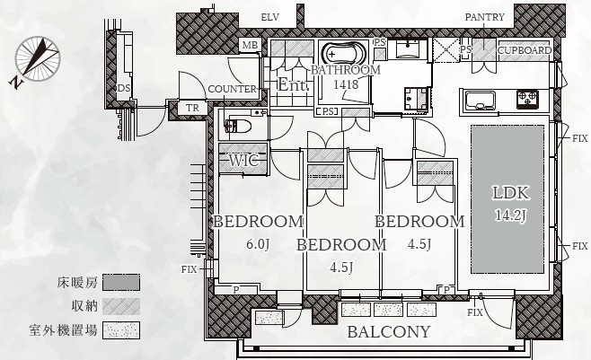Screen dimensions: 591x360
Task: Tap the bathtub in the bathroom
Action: point(345,54)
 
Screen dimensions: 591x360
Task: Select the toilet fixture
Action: point(238,126)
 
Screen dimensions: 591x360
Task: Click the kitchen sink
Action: point(480,101)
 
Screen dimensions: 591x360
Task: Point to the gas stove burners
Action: point(527,100)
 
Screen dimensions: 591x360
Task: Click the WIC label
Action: point(244,161)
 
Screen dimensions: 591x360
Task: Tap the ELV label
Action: point(269,17)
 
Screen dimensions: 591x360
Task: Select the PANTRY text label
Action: point(484,17)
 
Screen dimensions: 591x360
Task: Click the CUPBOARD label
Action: point(525,50)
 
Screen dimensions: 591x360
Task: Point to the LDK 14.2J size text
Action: point(510,215)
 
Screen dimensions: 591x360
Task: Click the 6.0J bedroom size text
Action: point(258,244)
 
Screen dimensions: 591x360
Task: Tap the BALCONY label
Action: point(389,332)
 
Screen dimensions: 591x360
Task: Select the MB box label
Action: point(250,46)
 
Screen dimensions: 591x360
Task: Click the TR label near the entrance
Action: point(192,108)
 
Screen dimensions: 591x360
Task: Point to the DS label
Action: point(124,88)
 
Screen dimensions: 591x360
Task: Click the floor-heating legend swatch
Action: point(121,282)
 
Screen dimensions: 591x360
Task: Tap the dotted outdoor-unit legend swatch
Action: point(121,330)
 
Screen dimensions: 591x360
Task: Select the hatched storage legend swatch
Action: point(121,306)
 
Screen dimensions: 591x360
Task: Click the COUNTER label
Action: point(232,89)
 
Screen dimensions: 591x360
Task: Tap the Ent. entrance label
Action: point(293,84)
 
